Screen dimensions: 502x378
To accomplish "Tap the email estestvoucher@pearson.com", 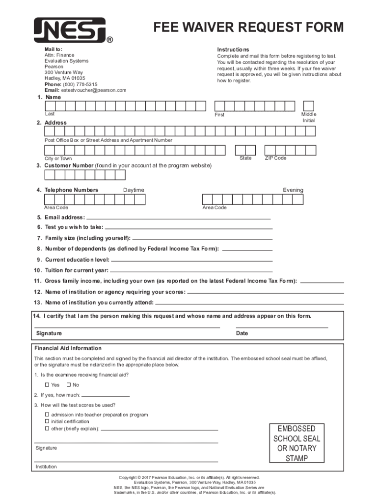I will [x=93, y=90].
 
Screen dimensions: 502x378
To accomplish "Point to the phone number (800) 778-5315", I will [x=79, y=84].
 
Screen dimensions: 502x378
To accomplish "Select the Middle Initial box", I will [x=308, y=106].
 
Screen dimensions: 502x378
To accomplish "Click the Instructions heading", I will [x=233, y=50].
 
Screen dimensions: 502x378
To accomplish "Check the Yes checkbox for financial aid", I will [x=47, y=385].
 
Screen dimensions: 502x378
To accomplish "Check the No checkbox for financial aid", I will [x=69, y=385].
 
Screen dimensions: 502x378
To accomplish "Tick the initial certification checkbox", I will [x=47, y=421].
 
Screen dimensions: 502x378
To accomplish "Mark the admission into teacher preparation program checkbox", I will [x=47, y=415].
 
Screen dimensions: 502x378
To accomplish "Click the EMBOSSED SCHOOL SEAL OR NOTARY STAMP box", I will [x=297, y=443].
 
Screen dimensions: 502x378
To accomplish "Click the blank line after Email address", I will [x=179, y=218].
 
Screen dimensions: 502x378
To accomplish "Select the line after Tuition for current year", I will [x=191, y=271].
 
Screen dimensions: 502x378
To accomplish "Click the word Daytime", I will [x=134, y=190].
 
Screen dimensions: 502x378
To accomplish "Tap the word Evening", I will [x=293, y=190].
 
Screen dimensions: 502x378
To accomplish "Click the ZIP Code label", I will [x=275, y=158].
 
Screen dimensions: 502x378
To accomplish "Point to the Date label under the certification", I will [x=242, y=333].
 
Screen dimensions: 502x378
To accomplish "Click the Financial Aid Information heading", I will [x=68, y=349].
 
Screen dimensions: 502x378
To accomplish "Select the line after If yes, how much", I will [x=106, y=396].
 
